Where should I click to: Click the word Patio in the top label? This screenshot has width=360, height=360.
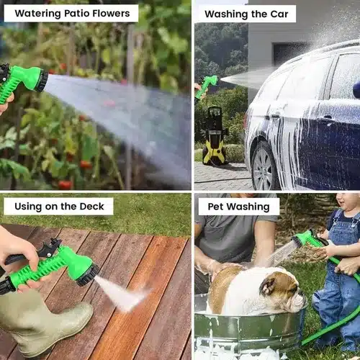77,14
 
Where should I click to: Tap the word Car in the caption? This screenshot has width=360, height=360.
279,14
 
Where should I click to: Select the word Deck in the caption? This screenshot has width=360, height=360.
91,207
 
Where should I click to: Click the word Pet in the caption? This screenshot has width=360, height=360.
216,207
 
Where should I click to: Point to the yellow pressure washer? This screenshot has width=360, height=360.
215,136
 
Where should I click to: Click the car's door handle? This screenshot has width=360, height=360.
328,118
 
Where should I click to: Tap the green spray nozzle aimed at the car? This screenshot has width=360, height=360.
206,86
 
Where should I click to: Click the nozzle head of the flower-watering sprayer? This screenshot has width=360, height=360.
42,81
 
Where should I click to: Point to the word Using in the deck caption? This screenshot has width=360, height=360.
28,207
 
